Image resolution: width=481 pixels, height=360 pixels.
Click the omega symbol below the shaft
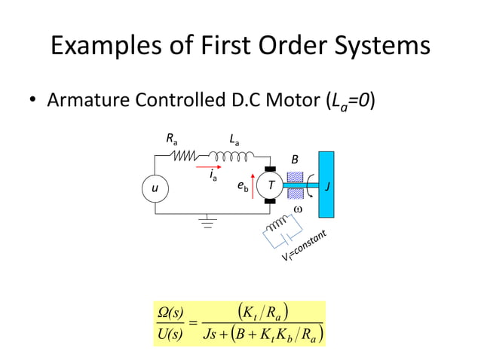pyautogui.click(x=297, y=208)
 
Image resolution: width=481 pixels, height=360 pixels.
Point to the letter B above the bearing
pyautogui.click(x=295, y=160)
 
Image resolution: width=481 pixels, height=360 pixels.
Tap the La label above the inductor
pyautogui.click(x=235, y=139)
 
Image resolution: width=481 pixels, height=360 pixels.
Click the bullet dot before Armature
pyautogui.click(x=33, y=100)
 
